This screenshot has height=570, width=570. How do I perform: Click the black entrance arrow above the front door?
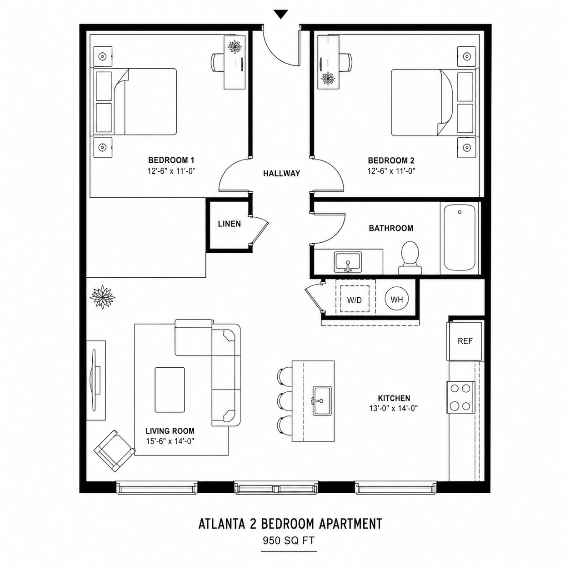tap(280, 14)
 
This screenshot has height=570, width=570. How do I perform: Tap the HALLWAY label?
tap(282, 174)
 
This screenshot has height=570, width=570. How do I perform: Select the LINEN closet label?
tap(229, 224)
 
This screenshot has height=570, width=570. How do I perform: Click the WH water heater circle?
tap(397, 300)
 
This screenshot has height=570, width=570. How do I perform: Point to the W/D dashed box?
tap(355, 299)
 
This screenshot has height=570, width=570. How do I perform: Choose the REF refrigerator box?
tap(465, 341)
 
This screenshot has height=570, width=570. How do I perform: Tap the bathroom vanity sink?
tap(348, 262)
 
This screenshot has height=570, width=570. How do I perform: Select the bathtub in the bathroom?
tap(460, 238)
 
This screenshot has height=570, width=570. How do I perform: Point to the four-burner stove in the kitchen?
tap(460, 397)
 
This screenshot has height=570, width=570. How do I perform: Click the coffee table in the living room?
tap(170, 390)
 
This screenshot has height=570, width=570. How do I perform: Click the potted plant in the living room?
tap(102, 297)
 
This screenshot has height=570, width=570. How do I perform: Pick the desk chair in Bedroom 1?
tap(218, 62)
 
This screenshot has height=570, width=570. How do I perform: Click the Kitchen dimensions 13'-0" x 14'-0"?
tap(394, 409)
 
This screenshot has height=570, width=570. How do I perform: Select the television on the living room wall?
tap(95, 380)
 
